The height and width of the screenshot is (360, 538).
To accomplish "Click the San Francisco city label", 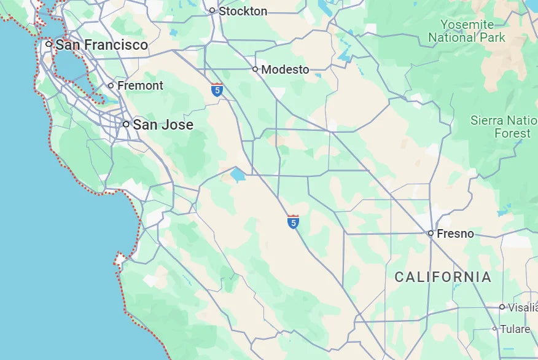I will click(101, 45).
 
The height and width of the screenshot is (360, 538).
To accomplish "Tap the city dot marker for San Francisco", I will click(49, 44).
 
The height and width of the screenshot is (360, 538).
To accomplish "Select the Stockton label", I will click(243, 11).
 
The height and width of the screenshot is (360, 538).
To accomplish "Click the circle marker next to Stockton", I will click(212, 10).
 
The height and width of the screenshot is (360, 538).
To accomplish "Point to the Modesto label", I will click(285, 69).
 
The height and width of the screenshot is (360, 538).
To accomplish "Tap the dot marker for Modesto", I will click(255, 69).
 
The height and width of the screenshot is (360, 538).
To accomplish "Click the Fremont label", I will click(140, 85).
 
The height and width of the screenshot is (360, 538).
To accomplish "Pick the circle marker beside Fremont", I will click(111, 86).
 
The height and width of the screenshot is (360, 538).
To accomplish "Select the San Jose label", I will click(163, 125).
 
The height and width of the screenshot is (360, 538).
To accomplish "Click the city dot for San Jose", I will click(126, 124).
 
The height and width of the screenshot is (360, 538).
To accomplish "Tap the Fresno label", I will click(455, 233).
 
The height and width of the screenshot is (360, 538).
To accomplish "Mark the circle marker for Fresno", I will click(431, 233).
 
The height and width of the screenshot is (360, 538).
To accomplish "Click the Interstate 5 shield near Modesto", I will click(216, 90).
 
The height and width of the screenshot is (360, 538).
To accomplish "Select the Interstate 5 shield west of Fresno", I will click(294, 222).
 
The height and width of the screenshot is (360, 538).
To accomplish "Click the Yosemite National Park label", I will click(467, 31).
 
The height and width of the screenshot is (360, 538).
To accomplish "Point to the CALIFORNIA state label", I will click(443, 277).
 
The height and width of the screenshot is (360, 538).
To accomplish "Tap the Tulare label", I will click(515, 329).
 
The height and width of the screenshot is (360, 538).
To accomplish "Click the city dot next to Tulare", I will click(494, 329).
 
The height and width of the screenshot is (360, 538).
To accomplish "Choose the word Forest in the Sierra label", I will click(512, 133).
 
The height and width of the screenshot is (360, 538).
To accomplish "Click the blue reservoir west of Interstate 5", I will click(238, 175).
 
